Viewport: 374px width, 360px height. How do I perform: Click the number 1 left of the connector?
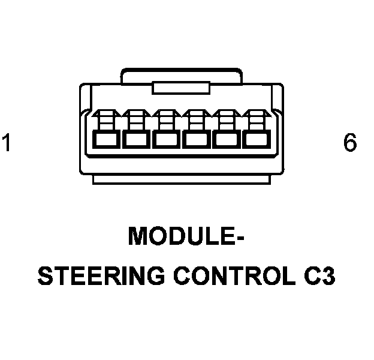click(x=7, y=144)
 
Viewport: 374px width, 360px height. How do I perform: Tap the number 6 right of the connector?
click(x=350, y=143)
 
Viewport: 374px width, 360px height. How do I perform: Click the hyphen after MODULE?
click(x=239, y=237)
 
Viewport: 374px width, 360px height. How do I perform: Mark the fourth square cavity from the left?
click(x=197, y=140)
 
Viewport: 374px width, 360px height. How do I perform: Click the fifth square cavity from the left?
click(x=227, y=140)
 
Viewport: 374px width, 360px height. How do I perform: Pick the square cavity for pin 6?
click(x=257, y=140)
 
